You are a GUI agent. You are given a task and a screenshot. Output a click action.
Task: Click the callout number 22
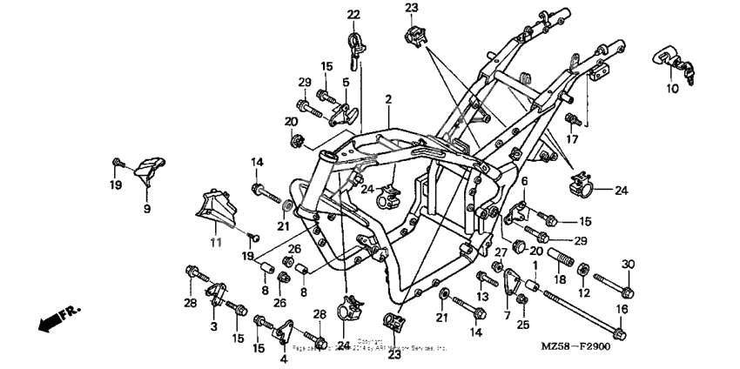pos(353,14)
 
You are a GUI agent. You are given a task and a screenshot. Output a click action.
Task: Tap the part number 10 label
pos(671,89)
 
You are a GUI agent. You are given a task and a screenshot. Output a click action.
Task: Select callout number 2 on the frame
pos(388,100)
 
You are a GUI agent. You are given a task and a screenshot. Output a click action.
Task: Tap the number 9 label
pos(147,209)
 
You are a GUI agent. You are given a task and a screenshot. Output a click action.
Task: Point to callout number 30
pos(629,265)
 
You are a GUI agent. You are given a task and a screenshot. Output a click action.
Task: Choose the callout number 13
pos(481,297)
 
